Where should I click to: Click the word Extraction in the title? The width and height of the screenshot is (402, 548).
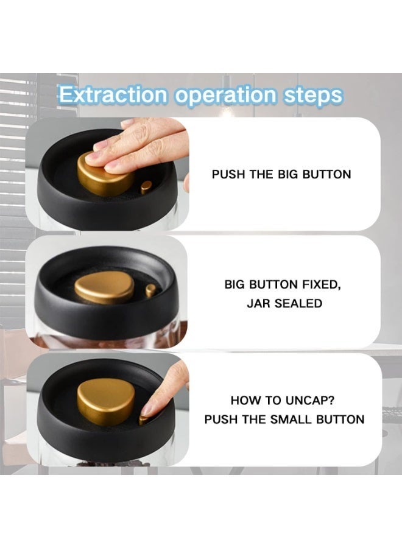click(x=113, y=94)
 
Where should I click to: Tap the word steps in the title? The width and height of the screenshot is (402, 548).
click(x=313, y=96)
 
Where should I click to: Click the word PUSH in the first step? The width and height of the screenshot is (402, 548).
click(x=228, y=174)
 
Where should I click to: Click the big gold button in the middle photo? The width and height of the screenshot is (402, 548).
click(x=105, y=287)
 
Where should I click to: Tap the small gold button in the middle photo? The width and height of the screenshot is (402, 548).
click(x=150, y=290)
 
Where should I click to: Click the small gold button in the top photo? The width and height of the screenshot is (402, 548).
click(x=146, y=187)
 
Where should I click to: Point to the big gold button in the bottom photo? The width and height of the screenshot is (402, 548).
click(x=106, y=400)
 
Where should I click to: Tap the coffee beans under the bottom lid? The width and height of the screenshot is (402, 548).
click(x=113, y=463)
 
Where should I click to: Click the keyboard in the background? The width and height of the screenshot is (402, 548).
click(x=391, y=412)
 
